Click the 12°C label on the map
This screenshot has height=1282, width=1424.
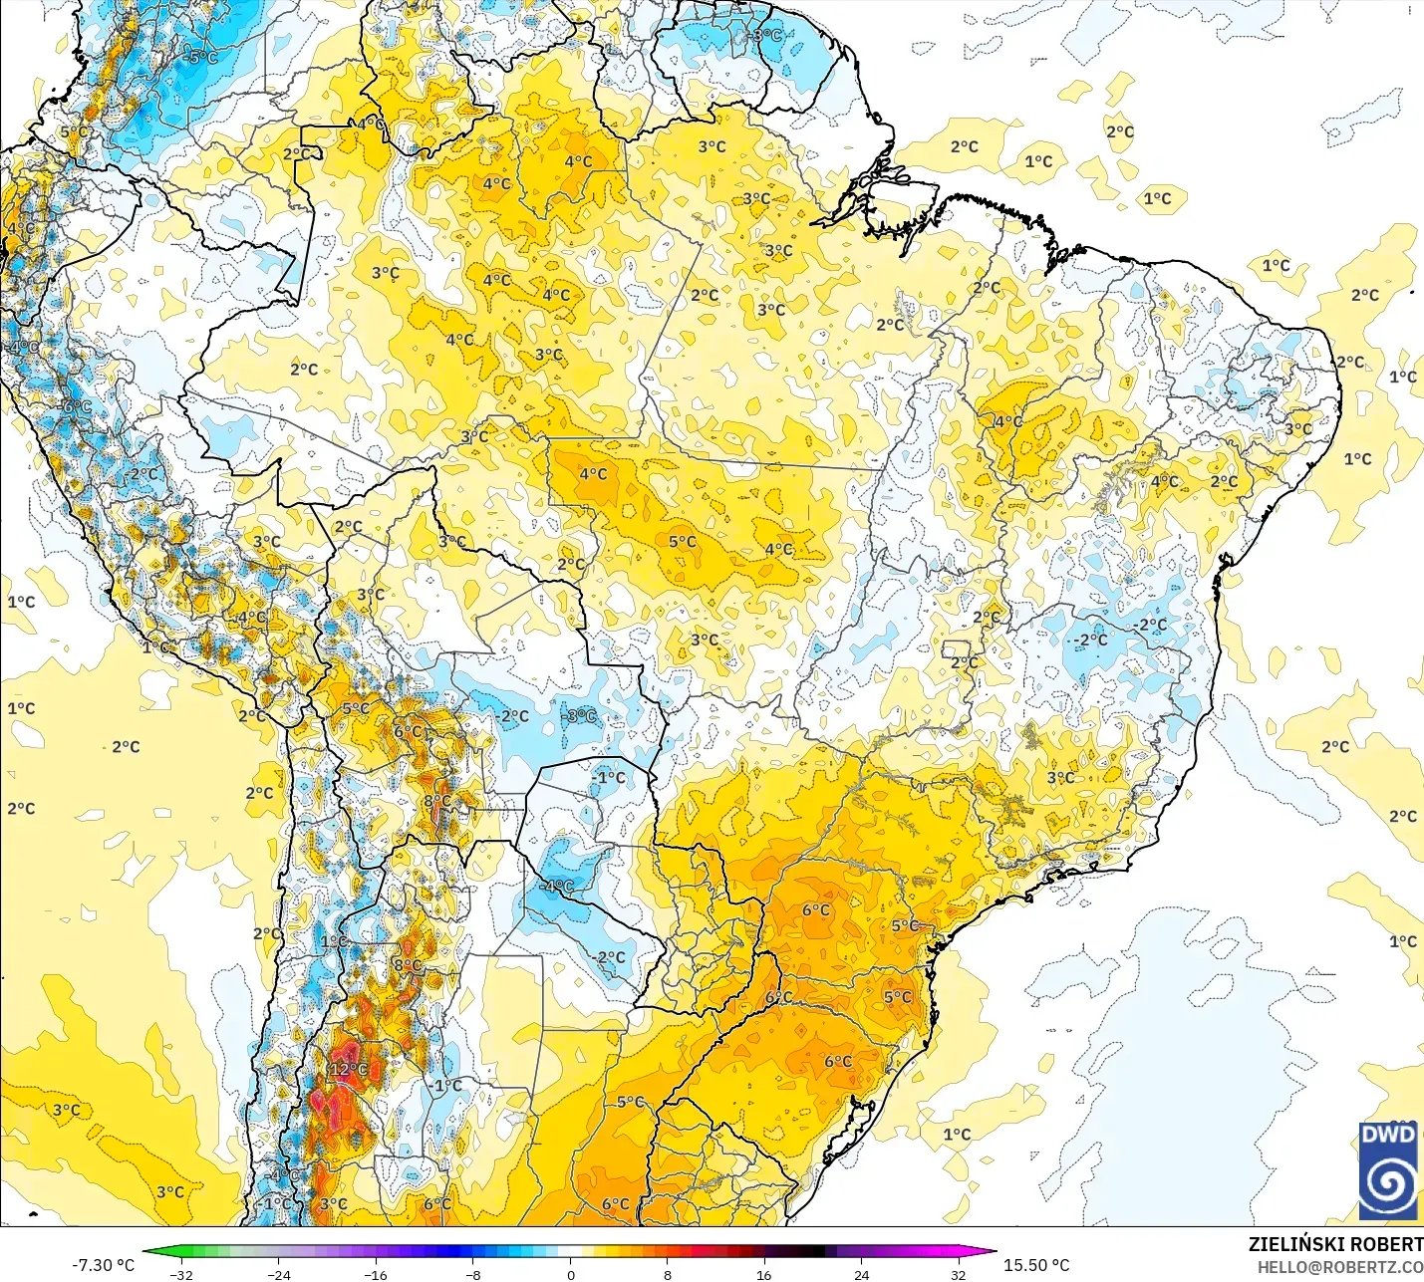point(349,1070)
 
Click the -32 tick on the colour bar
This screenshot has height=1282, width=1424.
point(180,1274)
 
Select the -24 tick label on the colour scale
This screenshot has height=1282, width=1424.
point(278,1274)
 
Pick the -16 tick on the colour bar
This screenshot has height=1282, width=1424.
point(376,1274)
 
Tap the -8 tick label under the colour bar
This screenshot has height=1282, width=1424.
point(473,1274)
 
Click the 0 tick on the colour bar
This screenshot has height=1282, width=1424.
point(570,1274)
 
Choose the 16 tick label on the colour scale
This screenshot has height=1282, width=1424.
point(763,1274)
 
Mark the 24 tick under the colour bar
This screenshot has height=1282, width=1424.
point(861,1274)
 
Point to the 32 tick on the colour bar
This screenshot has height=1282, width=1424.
point(958,1274)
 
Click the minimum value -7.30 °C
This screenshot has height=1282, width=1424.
point(103,1265)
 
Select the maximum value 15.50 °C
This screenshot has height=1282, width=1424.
point(1036,1265)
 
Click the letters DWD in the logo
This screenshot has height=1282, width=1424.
point(1388,1135)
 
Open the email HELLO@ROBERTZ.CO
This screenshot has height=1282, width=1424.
point(1340,1267)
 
